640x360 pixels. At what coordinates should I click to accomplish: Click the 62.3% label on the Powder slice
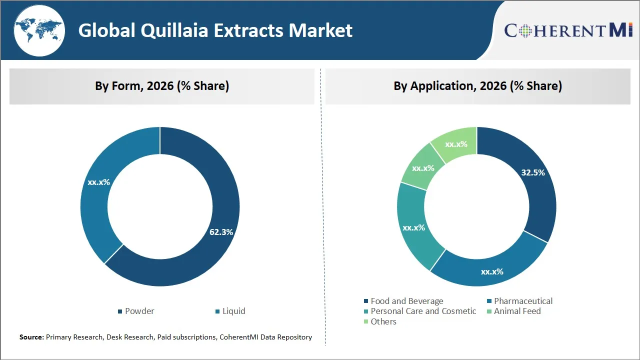point(221,232)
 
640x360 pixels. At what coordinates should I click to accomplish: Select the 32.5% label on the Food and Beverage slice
point(533,172)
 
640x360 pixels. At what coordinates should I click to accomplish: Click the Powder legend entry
point(136,311)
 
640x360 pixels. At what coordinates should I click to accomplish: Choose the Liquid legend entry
point(230,311)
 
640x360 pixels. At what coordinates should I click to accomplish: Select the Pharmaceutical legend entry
point(519,301)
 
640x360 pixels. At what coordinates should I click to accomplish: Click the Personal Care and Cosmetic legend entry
point(419,311)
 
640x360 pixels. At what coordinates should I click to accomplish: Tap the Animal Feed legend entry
point(513,311)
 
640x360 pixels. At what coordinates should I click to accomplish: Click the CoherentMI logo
point(568,30)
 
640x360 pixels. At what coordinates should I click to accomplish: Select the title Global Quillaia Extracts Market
point(215,30)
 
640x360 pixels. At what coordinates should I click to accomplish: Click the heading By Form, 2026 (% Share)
point(162,86)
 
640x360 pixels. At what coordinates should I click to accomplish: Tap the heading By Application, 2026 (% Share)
point(477,86)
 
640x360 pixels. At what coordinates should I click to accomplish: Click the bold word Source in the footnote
point(31,337)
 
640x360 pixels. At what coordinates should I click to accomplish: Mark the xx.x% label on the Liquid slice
point(98,182)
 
